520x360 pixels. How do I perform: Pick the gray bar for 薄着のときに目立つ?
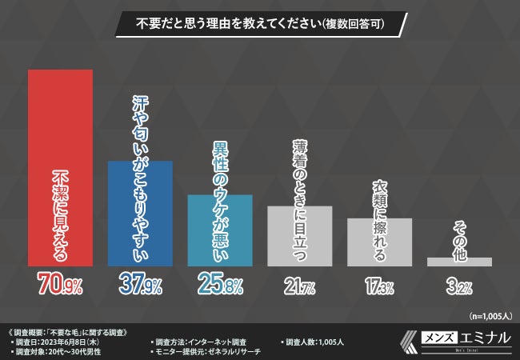(299, 236)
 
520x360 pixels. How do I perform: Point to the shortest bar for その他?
(459, 262)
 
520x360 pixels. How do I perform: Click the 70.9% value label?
(60, 284)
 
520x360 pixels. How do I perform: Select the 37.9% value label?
(140, 284)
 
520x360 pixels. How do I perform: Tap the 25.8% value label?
(219, 284)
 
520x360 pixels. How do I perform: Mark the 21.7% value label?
(299, 285)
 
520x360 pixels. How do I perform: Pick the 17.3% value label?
(379, 285)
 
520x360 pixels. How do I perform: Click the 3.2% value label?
(459, 285)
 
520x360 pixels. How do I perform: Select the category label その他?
(459, 238)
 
